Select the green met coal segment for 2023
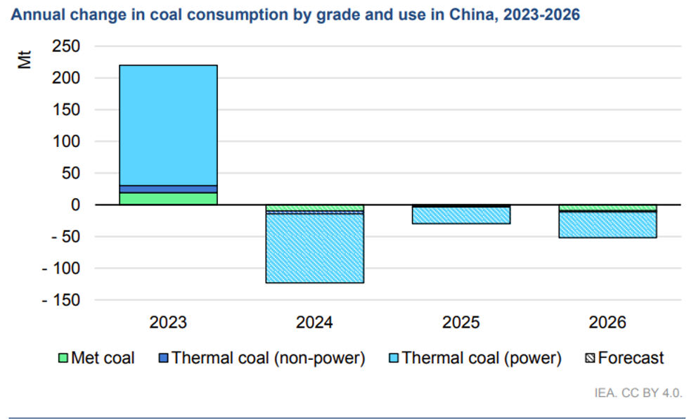[x=168, y=198]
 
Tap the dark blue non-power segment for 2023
[x=168, y=189]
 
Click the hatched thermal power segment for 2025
[x=461, y=216]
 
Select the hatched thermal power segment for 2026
[x=607, y=225]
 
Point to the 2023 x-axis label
[x=168, y=323]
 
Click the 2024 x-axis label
[x=314, y=323]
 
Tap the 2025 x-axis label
[x=461, y=323]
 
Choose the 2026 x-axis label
[x=607, y=323]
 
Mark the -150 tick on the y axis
[x=61, y=300]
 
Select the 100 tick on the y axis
[x=67, y=141]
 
